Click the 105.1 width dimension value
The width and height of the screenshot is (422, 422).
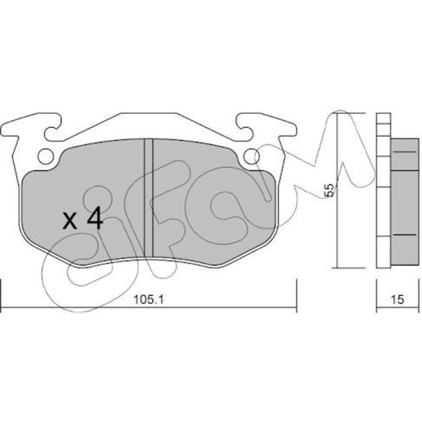click(x=148, y=300)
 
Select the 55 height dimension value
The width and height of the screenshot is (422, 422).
click(x=330, y=191)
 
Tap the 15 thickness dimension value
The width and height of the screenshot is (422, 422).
click(x=397, y=300)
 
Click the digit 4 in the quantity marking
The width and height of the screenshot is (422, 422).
click(x=95, y=218)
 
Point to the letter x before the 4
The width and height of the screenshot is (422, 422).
click(x=70, y=221)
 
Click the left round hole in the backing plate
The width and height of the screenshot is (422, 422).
click(x=45, y=156)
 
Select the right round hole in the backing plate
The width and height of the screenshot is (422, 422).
click(x=251, y=156)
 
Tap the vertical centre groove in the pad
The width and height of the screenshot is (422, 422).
click(x=148, y=198)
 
